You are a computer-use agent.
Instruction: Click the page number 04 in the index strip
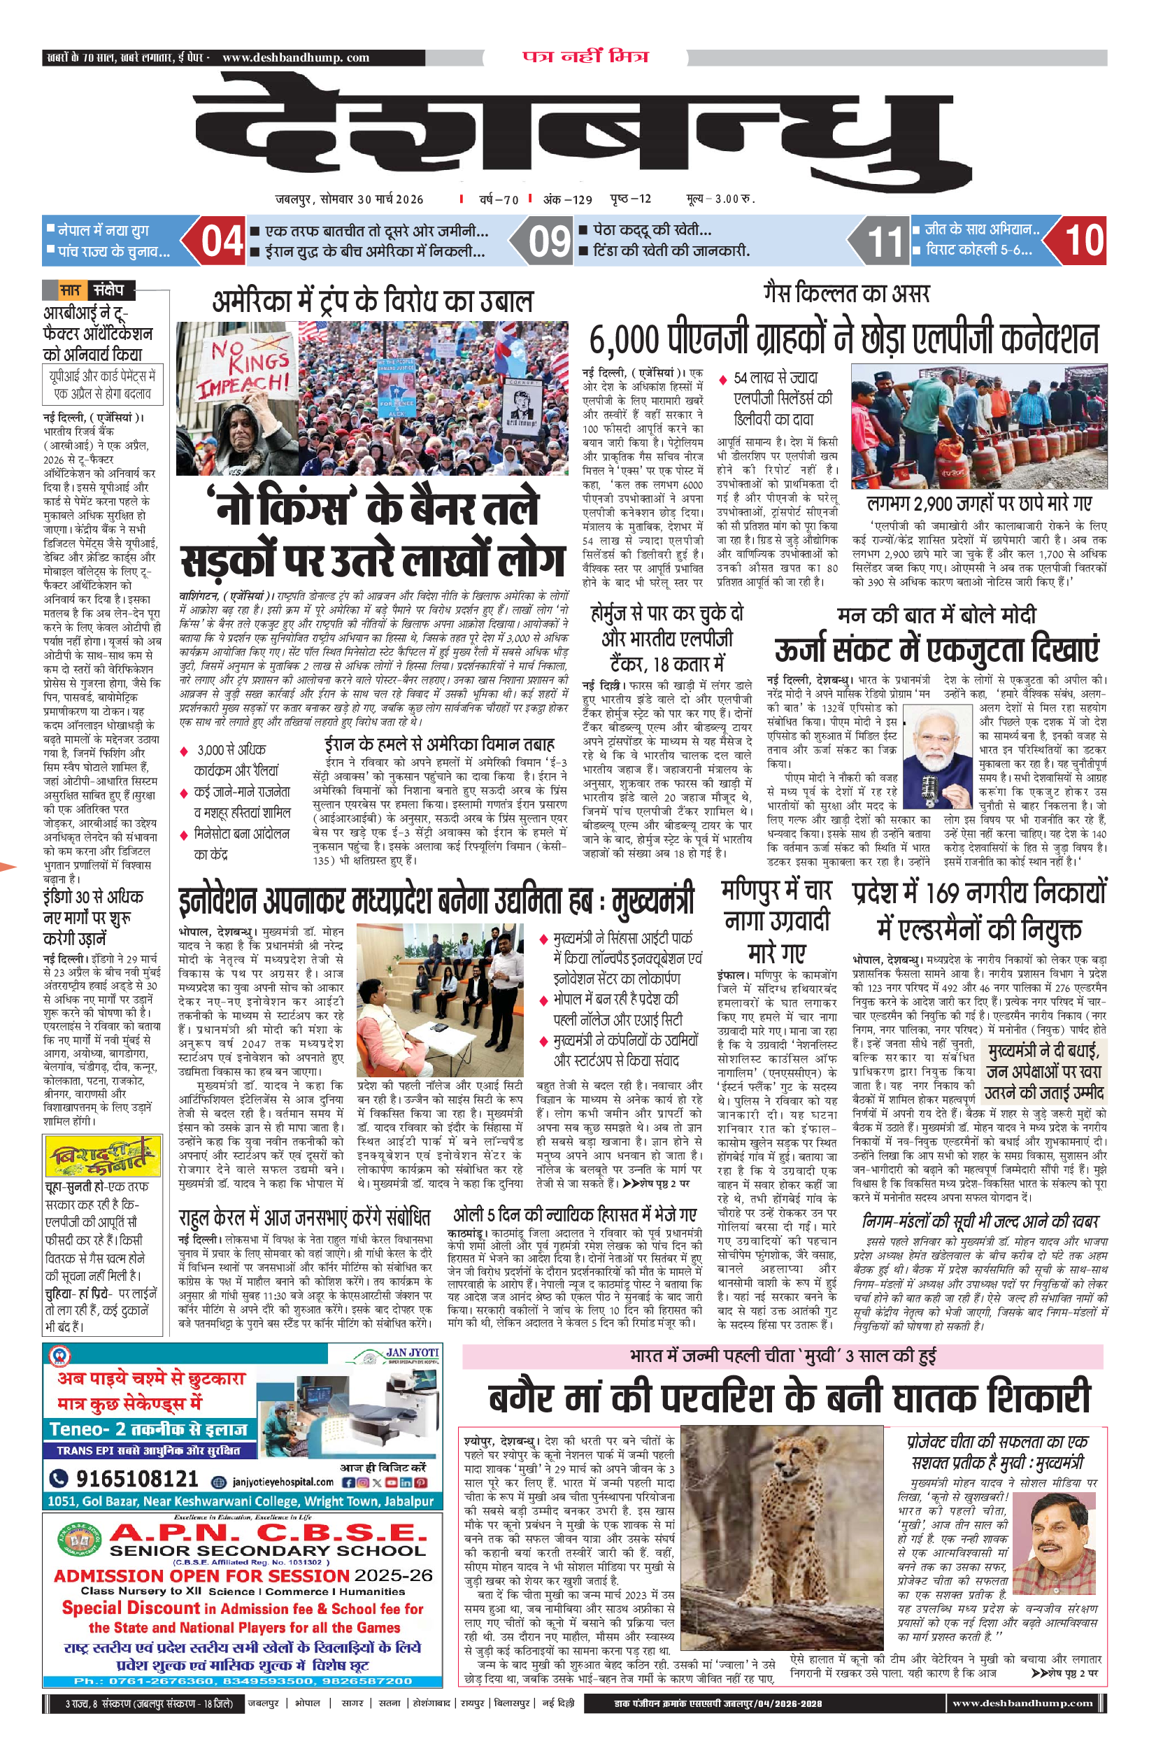coord(222,241)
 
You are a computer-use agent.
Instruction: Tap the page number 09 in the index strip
coord(550,241)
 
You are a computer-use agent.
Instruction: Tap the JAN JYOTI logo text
coord(412,1352)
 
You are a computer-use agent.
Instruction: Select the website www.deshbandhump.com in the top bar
coord(296,57)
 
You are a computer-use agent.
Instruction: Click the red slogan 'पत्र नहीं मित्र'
coord(585,57)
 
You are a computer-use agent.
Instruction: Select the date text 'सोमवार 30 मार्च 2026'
coord(372,199)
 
